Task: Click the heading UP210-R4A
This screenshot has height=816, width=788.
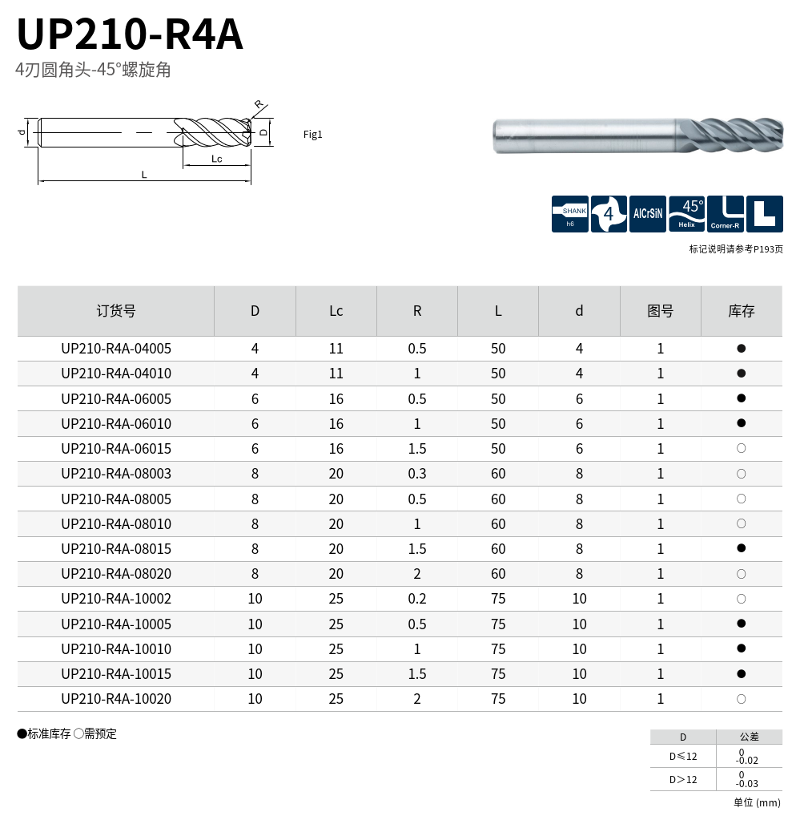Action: coord(130,34)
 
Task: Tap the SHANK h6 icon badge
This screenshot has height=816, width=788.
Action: coord(569,214)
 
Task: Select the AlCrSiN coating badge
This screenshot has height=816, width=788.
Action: coord(647,214)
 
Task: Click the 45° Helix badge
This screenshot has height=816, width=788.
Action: coord(686,214)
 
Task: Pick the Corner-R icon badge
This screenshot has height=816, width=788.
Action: coord(725,214)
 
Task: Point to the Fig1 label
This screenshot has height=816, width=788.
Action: coord(312,135)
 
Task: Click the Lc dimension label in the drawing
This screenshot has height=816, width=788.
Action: coord(217,159)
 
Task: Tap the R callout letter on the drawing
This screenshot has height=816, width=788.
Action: coord(259,104)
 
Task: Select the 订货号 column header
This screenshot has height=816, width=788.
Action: coord(116,311)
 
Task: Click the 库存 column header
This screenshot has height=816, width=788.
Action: coord(742,311)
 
